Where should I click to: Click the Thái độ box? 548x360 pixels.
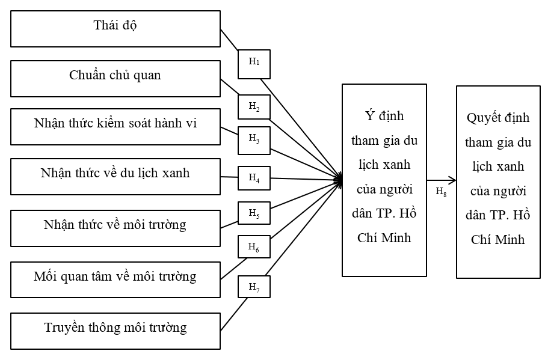(115, 28)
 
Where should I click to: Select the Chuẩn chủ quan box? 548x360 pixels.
(115, 78)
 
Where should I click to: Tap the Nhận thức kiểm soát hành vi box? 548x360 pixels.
(115, 126)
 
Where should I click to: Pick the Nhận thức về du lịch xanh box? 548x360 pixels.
(115, 176)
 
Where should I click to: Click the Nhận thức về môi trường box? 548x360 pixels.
(115, 227)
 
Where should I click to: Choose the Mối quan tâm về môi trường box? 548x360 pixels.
(115, 279)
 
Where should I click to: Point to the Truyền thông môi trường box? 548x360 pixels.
(115, 330)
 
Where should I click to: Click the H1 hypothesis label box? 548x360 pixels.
(254, 63)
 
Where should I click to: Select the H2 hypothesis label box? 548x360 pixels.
(254, 107)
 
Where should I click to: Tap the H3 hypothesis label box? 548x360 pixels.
(254, 138)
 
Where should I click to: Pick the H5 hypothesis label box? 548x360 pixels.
(254, 213)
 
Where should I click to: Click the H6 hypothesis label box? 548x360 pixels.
(254, 246)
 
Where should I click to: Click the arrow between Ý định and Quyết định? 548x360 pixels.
(441, 180)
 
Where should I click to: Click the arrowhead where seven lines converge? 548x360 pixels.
(339, 178)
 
